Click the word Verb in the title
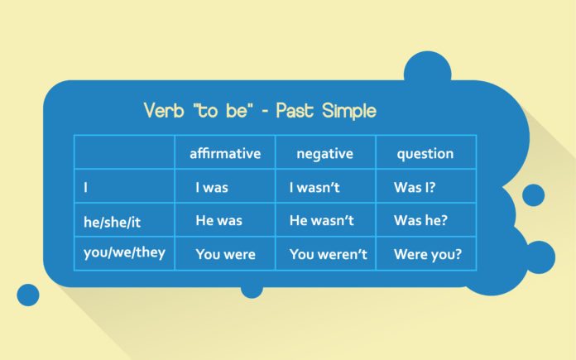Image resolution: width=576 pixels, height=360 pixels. (164, 110)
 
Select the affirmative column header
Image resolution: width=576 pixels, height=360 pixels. (225, 153)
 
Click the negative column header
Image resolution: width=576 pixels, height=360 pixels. (324, 154)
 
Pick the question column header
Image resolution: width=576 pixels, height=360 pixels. (425, 154)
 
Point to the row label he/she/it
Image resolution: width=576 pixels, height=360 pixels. (112, 222)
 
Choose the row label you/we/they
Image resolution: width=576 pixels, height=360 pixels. (124, 252)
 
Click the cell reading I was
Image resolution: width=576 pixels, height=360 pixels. (212, 187)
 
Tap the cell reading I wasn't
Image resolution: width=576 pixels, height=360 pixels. (314, 187)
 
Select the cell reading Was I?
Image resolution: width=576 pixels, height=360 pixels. (415, 187)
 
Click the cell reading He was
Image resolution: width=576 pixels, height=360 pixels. (219, 220)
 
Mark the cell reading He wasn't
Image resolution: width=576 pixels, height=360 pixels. (321, 220)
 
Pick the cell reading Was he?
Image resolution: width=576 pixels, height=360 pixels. (420, 220)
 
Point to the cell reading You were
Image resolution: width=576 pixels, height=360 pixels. (226, 254)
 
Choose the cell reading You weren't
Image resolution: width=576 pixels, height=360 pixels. (328, 254)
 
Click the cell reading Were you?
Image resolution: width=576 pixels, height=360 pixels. (428, 255)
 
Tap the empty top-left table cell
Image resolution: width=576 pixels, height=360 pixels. (124, 152)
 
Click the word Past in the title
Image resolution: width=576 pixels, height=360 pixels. (295, 110)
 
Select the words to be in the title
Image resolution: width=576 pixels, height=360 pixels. (223, 110)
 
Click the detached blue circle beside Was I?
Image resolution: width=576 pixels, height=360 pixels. (533, 195)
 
